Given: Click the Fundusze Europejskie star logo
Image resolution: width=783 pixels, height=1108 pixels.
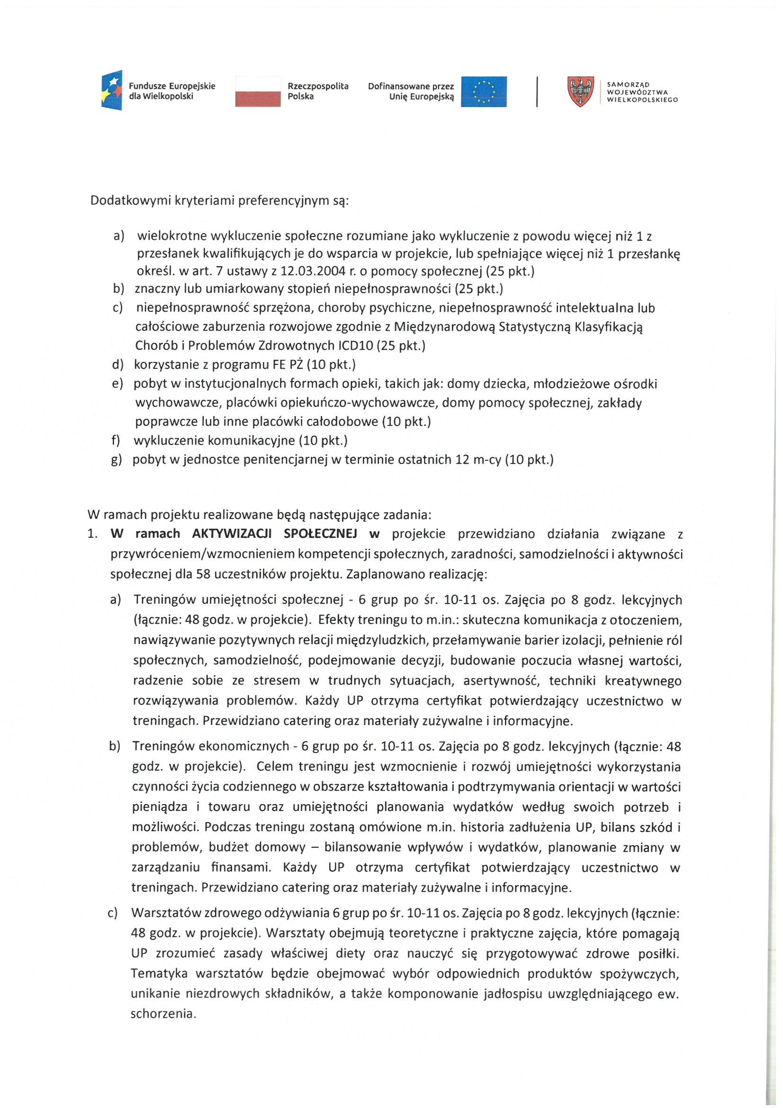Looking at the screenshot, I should coord(112,90).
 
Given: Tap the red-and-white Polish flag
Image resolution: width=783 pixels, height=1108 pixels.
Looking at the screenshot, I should coord(258,91).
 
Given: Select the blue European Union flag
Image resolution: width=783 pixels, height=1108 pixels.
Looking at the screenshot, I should coord(484,91).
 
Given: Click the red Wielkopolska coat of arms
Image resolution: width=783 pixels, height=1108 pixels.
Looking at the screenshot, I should coord(580,91).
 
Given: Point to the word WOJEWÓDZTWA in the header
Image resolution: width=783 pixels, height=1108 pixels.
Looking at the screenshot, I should coord(637,92).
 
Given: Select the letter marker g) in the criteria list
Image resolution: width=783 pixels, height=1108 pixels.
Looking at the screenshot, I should coord(116,459).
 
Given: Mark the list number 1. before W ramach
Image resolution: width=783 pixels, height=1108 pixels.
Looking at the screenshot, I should coord(93,534).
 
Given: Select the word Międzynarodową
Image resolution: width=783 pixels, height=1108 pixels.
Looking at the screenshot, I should coord(444,327).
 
